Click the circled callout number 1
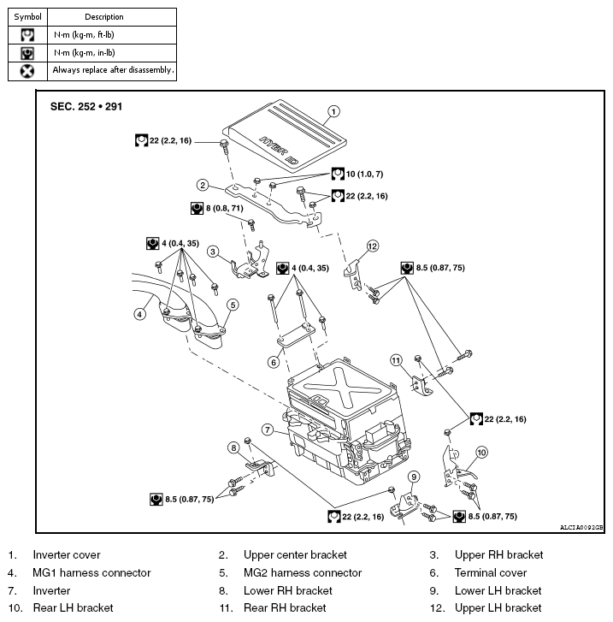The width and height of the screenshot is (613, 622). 334,110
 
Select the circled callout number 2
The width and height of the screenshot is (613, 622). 203,185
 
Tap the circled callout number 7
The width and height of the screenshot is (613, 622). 268,429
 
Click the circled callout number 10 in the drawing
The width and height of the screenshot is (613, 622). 481,452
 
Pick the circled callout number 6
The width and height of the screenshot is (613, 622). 274,362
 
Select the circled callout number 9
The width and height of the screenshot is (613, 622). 414,477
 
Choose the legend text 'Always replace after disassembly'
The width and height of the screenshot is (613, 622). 113,70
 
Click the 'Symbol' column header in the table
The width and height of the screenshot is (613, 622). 27,16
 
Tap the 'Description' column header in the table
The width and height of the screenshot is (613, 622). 104,16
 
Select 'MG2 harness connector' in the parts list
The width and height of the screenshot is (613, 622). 302,572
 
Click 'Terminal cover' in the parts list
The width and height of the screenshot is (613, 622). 490,572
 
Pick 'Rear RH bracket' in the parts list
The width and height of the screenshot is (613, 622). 284,607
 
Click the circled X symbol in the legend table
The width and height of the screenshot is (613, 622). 27,70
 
